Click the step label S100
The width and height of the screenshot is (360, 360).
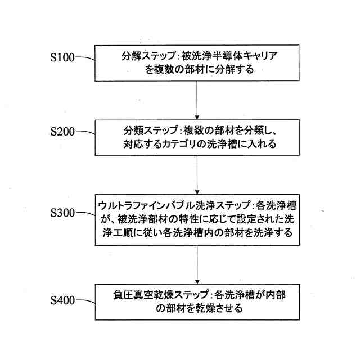tap(62, 58)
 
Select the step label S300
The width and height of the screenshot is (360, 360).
tap(62, 213)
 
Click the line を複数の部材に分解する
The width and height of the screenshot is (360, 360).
tap(196, 70)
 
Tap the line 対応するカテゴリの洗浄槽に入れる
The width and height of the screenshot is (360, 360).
tap(196, 145)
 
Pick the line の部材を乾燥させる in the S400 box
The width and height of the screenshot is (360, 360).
tap(196, 308)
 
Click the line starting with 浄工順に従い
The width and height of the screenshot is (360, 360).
tap(196, 232)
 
